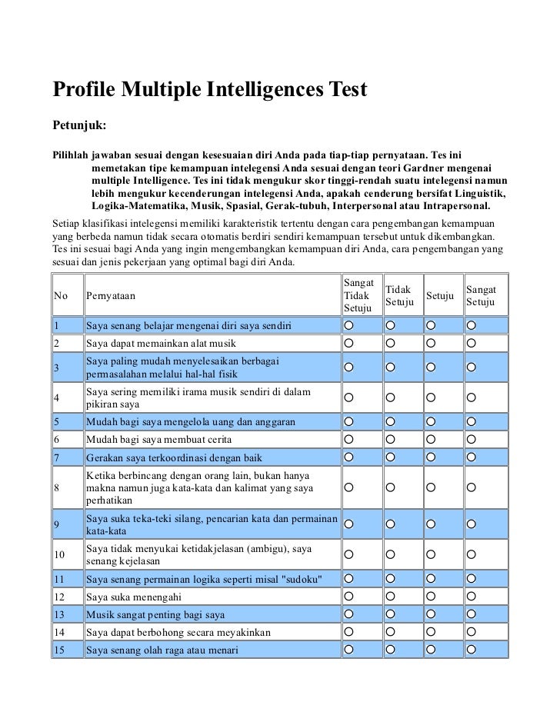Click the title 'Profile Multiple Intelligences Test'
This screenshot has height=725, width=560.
point(210,91)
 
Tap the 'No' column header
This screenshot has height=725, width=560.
point(60,295)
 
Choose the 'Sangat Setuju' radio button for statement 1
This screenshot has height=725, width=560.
point(472,325)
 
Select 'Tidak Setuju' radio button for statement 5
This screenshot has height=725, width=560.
point(390,423)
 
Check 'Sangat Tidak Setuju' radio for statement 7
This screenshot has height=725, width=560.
point(349,458)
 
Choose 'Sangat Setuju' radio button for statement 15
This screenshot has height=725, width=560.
point(472,650)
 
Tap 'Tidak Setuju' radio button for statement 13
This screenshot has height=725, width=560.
point(390,614)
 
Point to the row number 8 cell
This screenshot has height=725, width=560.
point(58,487)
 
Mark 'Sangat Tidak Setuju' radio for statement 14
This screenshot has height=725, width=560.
point(349,632)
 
